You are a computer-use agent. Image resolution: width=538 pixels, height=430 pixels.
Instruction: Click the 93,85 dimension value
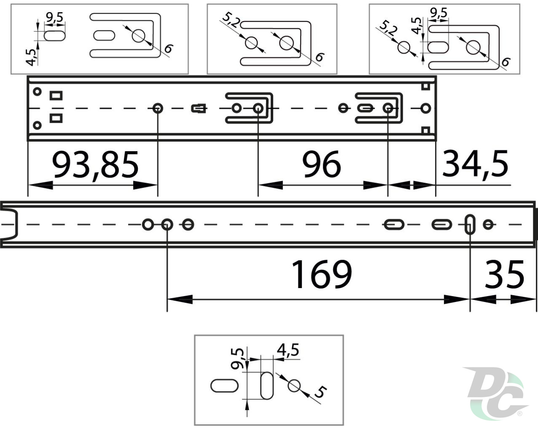pos(95,166)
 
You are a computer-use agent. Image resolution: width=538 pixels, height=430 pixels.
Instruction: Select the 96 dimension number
pos(322,165)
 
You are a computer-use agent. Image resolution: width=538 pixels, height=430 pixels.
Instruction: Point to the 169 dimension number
pos(322,274)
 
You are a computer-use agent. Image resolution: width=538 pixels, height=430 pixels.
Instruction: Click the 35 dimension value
pos(504,274)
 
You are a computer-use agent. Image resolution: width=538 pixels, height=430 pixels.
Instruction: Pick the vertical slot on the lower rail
pos(470,224)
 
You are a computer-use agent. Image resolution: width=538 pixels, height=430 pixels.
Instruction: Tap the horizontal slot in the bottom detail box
pos(224,386)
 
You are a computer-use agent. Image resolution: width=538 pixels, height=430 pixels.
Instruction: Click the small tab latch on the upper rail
pos(199,108)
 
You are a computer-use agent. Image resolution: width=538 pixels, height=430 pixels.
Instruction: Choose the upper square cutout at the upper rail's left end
pos(56,96)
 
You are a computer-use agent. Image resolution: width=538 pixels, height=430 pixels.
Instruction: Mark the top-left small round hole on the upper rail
pos(37,92)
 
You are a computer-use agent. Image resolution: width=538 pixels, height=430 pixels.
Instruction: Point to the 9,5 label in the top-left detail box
pos(55,18)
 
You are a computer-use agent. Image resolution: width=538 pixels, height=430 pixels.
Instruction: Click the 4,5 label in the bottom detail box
pos(288,350)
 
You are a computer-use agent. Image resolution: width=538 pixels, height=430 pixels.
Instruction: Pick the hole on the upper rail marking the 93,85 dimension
pos(158,108)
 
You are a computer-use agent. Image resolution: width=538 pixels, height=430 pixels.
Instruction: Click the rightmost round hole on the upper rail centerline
pos(425,108)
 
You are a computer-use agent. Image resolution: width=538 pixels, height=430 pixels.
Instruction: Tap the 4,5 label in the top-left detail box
pos(31,58)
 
